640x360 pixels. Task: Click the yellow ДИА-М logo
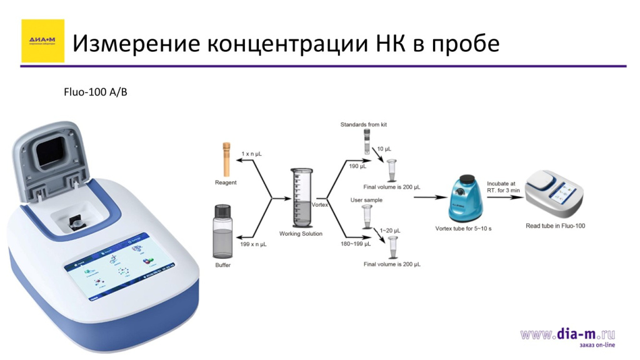point(42,41)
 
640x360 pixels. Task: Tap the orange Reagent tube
point(226,159)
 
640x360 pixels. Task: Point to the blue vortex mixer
point(463,200)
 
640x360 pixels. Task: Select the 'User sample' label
point(366,200)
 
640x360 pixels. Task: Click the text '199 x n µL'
point(253,244)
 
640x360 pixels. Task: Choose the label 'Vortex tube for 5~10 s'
point(463,229)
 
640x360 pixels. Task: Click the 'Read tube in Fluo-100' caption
point(555,226)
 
